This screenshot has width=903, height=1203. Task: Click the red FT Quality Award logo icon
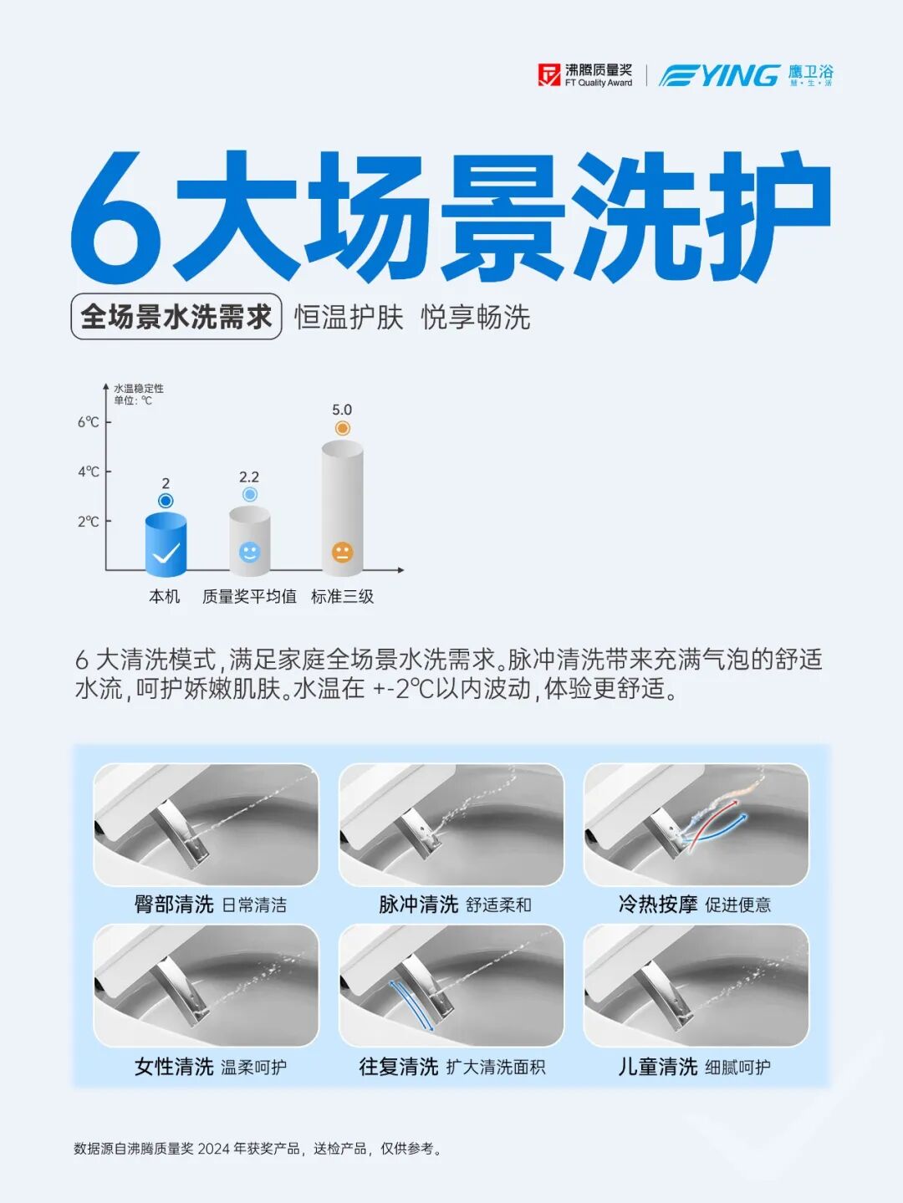pos(549,75)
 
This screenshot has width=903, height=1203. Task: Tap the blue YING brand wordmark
pos(719,75)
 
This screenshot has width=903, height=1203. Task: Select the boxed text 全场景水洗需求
pos(176,317)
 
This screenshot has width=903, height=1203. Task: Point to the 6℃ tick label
pos(89,422)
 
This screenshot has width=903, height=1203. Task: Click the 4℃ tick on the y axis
pos(108,472)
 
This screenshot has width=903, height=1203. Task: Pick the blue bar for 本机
pos(166,545)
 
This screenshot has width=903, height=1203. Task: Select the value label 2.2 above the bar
pos(249,477)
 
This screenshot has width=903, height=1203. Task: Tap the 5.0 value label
pos(342,410)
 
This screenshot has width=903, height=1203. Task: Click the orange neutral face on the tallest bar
pos(343,552)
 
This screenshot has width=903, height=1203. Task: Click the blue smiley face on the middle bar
pos(250,553)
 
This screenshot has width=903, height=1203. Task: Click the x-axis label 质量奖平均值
pos(249,596)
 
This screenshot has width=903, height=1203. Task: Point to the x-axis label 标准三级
pos(343,596)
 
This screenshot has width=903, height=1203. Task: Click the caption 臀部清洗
pos(174,904)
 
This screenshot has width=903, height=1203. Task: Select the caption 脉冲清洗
pos(418,904)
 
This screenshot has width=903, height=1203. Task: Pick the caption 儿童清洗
pos(658,1067)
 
